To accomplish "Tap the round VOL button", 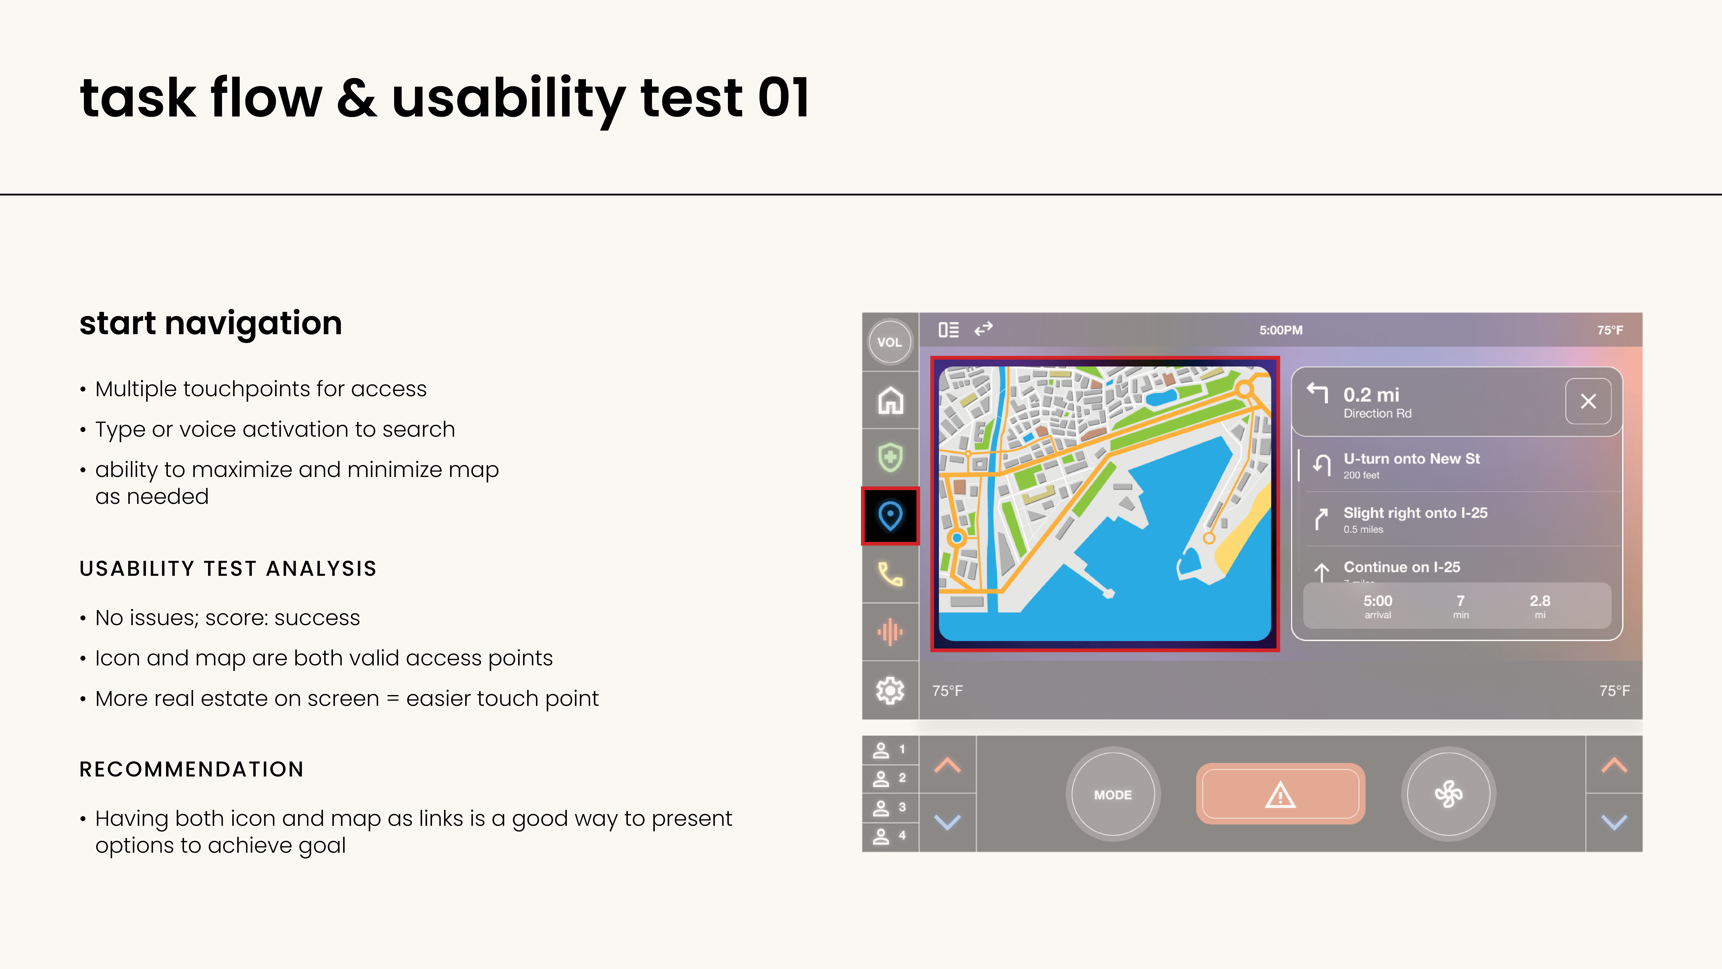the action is click(890, 342).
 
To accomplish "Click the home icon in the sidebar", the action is click(890, 401).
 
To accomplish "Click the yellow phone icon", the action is click(890, 574).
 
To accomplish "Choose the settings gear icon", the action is click(890, 690).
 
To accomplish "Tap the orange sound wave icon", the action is click(890, 632).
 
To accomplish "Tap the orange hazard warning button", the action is click(1280, 794).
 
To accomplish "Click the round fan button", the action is click(1449, 794).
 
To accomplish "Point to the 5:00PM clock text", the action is click(1281, 330).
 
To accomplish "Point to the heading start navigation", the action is click(211, 324).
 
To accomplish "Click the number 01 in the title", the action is click(784, 98).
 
